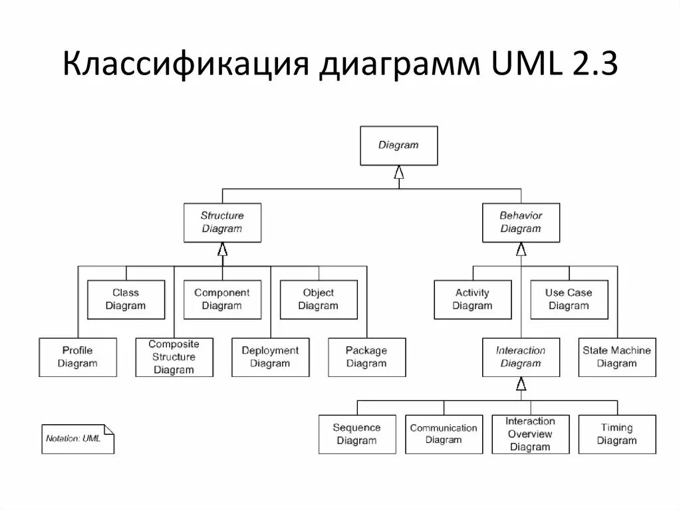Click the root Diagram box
(x=398, y=146)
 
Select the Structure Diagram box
(x=222, y=222)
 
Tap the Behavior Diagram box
(x=521, y=222)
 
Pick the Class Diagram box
(x=126, y=299)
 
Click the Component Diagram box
(x=222, y=299)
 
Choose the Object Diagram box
(x=318, y=299)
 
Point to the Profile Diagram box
(x=78, y=357)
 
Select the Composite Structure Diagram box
(x=174, y=357)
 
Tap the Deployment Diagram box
(x=270, y=357)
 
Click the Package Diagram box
(x=366, y=357)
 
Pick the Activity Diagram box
(x=472, y=299)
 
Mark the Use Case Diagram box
(x=569, y=299)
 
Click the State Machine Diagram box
(x=616, y=357)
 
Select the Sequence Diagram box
(x=357, y=434)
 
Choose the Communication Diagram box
(x=444, y=434)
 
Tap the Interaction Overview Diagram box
(x=530, y=434)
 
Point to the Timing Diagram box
(x=616, y=434)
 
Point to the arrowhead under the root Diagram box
(x=398, y=172)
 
